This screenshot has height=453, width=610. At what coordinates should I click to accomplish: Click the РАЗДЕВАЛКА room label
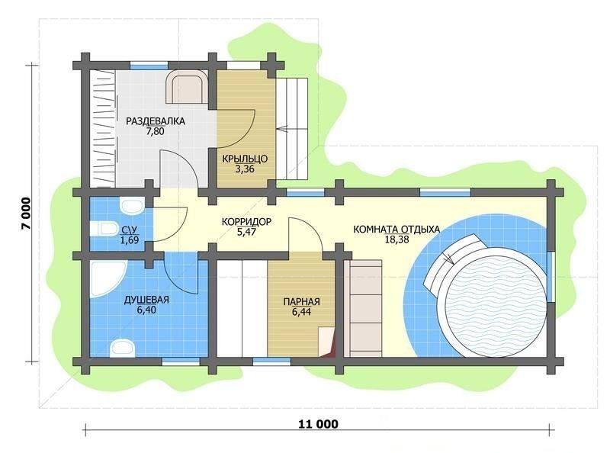click(x=156, y=121)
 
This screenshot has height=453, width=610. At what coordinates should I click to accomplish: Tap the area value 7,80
click(x=156, y=131)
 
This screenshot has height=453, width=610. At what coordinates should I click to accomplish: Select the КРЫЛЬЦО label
click(x=245, y=159)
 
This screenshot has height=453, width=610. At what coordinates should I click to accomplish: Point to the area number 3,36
click(x=245, y=169)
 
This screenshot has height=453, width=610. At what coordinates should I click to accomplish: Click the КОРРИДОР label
click(x=246, y=222)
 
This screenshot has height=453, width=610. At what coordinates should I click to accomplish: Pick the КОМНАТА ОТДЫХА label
click(x=396, y=230)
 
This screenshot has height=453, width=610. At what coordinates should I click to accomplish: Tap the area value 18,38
click(x=396, y=239)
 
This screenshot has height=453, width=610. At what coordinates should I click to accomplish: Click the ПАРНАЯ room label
click(x=301, y=301)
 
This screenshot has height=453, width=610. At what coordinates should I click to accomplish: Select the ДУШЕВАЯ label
click(x=146, y=300)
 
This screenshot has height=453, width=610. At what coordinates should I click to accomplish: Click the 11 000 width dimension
click(x=318, y=424)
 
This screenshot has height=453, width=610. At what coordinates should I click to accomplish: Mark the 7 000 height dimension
click(x=26, y=214)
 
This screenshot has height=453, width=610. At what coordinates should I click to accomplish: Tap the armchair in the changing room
click(x=186, y=87)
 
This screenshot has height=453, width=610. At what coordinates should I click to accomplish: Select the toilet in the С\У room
click(x=104, y=229)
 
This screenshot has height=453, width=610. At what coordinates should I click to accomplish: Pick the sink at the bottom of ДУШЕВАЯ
click(x=122, y=348)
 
